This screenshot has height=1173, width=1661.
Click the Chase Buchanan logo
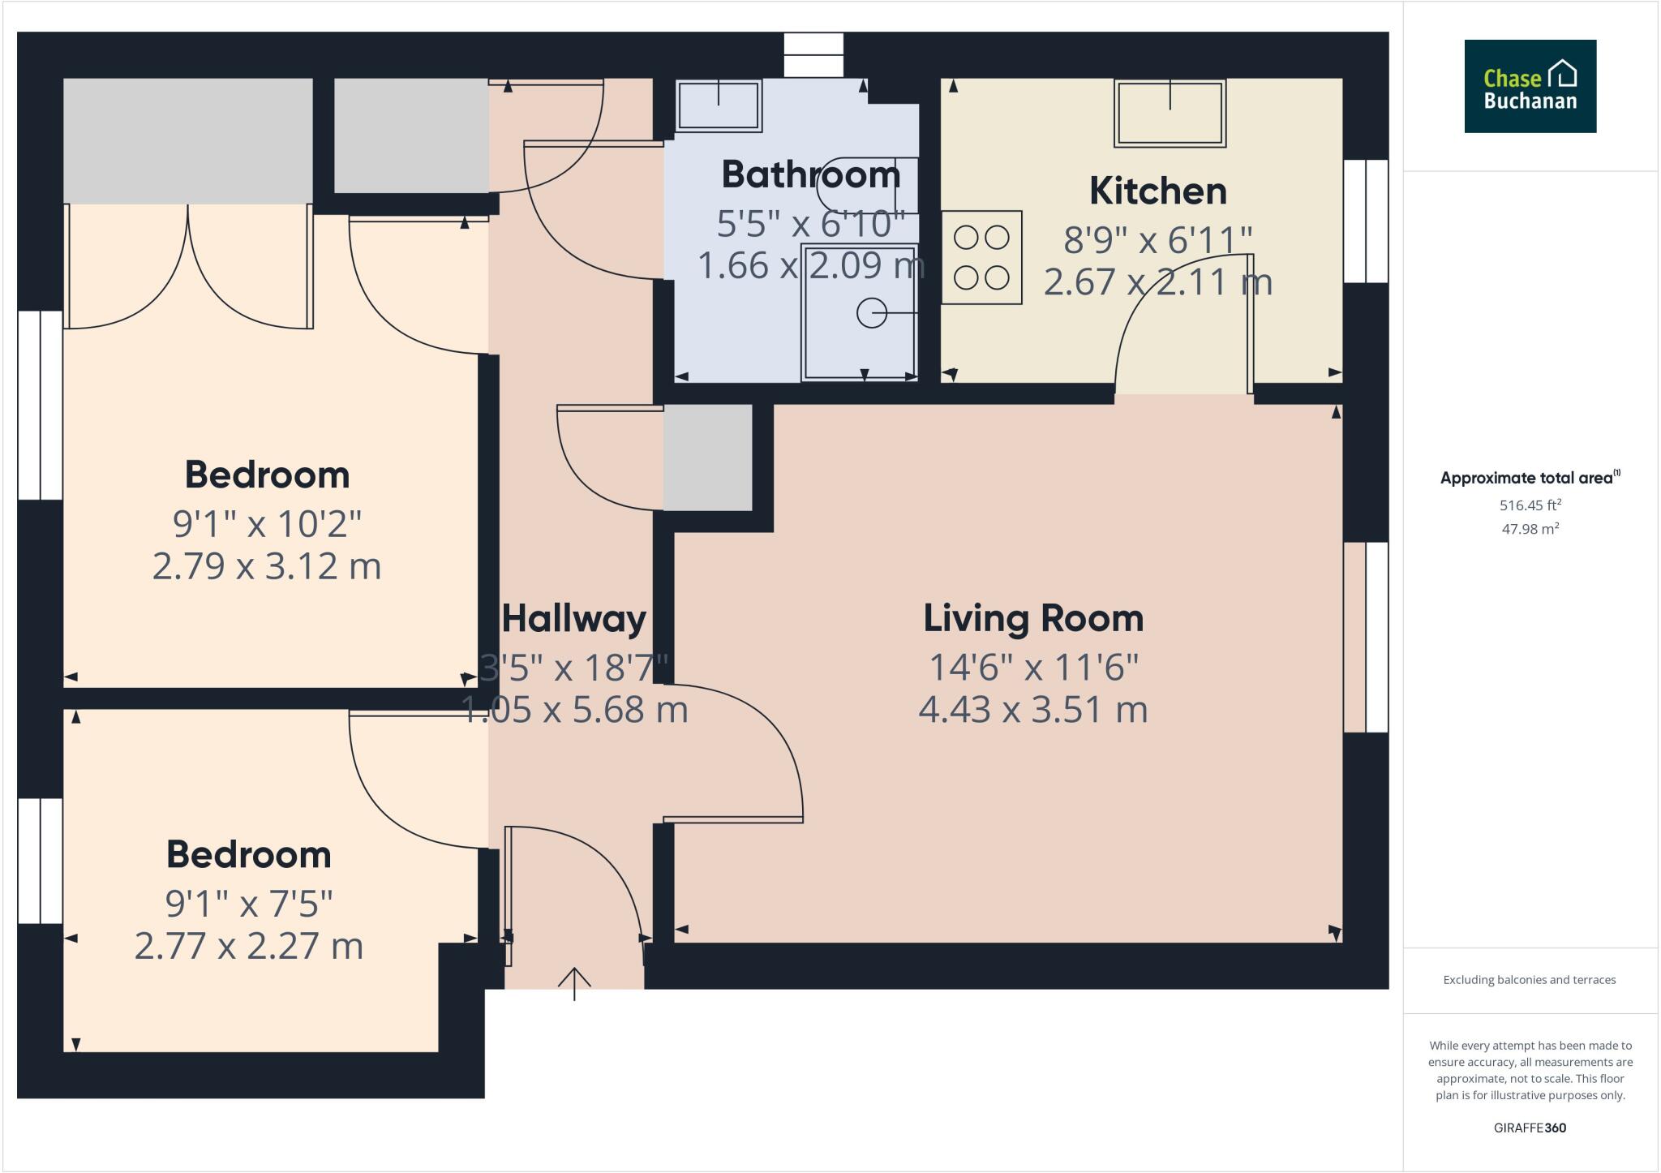[x=1530, y=86]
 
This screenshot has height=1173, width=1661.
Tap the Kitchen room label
[x=1157, y=191]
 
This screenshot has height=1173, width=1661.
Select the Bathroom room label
[x=810, y=174]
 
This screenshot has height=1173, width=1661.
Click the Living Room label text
[x=1033, y=619]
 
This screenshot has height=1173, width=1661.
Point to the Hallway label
[x=574, y=619]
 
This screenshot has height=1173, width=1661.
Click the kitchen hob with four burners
[x=981, y=258]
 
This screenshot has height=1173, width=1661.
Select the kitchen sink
[x=1170, y=114]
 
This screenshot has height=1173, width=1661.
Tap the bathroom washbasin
[x=719, y=105]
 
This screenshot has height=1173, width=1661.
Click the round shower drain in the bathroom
[x=871, y=313]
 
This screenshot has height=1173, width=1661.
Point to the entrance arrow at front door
[x=574, y=982]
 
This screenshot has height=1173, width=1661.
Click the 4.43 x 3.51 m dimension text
[x=1033, y=710]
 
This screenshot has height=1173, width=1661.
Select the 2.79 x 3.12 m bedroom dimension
[x=266, y=566]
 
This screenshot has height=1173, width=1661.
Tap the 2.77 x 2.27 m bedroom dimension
[x=248, y=947]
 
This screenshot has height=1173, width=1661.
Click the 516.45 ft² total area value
[x=1530, y=505]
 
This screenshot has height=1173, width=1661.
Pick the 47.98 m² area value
[x=1530, y=529]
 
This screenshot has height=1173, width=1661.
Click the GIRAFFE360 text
[x=1530, y=1128]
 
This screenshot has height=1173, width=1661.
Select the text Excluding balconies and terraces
[x=1530, y=980]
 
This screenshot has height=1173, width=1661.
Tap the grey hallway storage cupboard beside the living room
[x=707, y=458]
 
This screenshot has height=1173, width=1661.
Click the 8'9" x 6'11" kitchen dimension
[x=1157, y=240]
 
